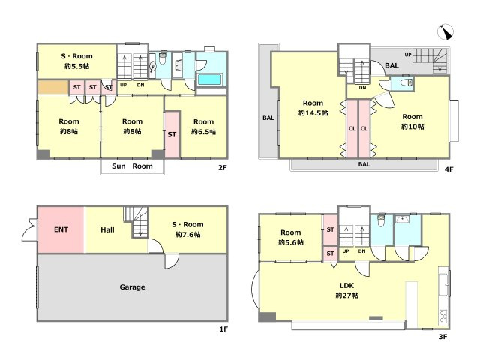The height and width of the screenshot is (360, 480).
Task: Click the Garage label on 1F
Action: tap(132, 287)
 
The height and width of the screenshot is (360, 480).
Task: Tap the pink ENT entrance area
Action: tap(61, 230)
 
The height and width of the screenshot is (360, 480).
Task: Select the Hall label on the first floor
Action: tap(107, 230)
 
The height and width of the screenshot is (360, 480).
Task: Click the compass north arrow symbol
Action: tap(445, 31)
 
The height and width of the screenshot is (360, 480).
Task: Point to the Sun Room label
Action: tap(132, 166)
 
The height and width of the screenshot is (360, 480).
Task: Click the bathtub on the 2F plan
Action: tap(210, 79)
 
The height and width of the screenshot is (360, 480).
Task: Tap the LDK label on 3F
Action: tap(346, 286)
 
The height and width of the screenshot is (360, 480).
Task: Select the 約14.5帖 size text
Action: tap(313, 113)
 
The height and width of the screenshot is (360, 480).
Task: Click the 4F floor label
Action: tap(448, 169)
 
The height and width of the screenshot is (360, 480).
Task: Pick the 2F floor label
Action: tap(223, 168)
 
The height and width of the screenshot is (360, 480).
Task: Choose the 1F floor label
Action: tap(223, 329)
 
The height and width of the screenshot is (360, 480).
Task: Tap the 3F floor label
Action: tap(442, 337)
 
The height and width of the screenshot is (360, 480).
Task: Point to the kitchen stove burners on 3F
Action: tap(443, 316)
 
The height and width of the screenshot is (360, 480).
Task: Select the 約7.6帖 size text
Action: tap(188, 235)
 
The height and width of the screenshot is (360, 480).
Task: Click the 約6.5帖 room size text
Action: tap(203, 132)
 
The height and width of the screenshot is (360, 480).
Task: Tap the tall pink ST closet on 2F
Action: tap(172, 135)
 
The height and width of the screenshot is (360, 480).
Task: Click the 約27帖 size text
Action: tap(346, 295)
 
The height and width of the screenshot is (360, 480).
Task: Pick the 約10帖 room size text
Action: tap(412, 127)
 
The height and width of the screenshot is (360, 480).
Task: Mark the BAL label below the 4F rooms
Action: tap(364, 164)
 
